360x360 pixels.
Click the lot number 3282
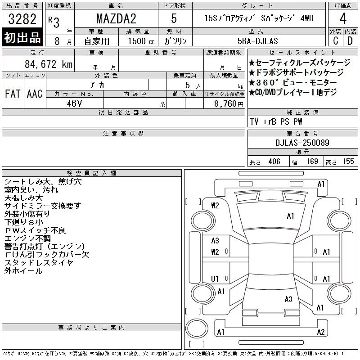coord(22,19)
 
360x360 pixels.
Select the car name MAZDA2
coord(116,18)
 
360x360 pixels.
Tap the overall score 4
coord(343,18)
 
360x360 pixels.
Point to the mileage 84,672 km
coord(49,64)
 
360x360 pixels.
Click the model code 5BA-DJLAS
coord(257,41)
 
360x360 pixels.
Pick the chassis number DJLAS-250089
coord(302,143)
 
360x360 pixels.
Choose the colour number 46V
coord(74,103)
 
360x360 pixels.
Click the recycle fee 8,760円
coord(229,104)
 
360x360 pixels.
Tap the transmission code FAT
coord(13,94)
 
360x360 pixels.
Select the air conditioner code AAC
coord(35,94)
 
